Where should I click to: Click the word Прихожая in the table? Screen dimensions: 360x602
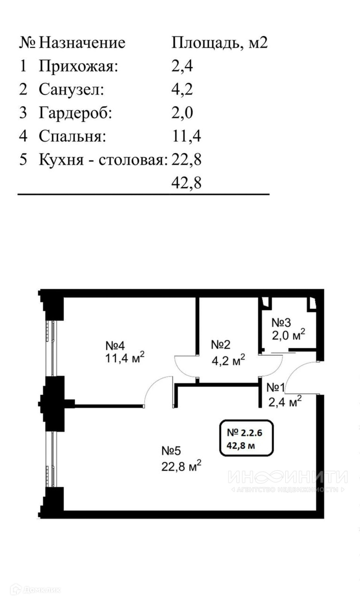78,66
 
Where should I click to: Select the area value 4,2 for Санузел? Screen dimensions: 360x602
182,90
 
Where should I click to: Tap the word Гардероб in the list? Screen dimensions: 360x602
76,113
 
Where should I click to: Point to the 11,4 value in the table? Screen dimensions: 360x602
186,137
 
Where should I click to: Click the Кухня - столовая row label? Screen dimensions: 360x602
103,160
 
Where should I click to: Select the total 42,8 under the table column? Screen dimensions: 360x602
186,183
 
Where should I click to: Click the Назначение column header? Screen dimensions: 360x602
82,43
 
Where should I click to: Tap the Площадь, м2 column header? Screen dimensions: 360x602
219,43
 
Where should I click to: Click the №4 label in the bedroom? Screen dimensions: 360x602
115,346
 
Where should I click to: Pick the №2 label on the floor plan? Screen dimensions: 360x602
220,345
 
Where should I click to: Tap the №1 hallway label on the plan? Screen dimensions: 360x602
276,388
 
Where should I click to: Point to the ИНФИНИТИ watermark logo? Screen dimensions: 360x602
288,477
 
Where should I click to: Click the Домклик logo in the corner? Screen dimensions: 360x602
35,589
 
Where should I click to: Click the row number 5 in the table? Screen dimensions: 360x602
23,160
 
